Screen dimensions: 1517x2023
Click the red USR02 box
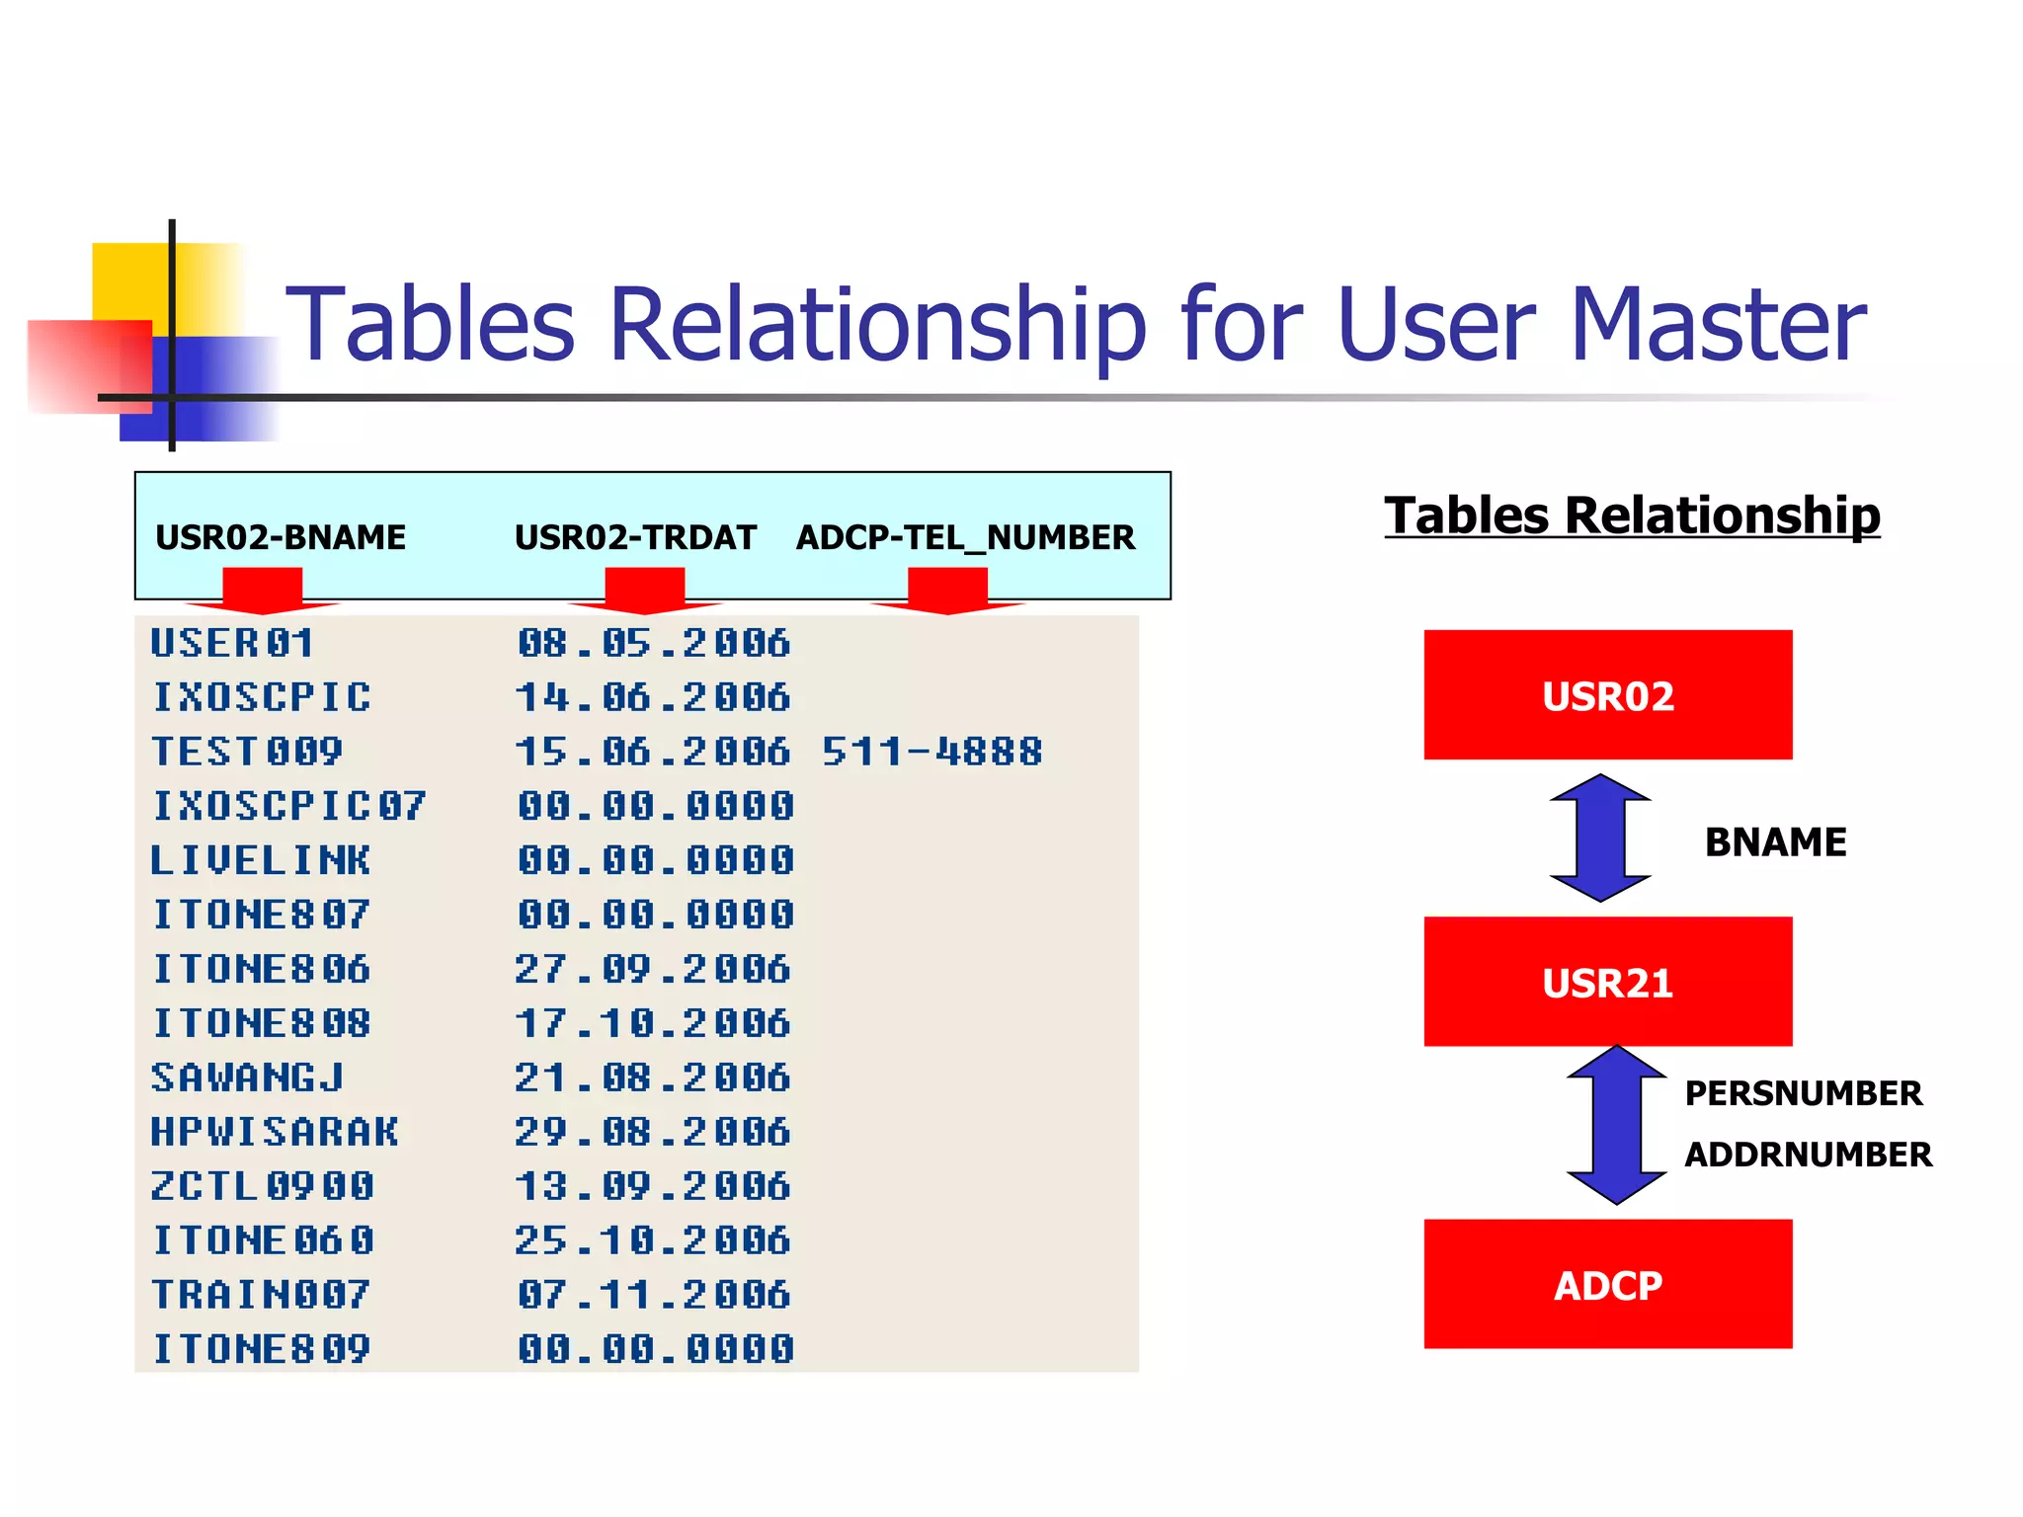pyautogui.click(x=1607, y=694)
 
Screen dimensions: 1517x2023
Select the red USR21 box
pyautogui.click(x=1607, y=981)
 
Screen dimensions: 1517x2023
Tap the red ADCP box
pyautogui.click(x=1607, y=1283)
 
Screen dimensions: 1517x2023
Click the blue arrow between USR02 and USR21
pyautogui.click(x=1600, y=838)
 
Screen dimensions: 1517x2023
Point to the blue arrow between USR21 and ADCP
pyautogui.click(x=1616, y=1125)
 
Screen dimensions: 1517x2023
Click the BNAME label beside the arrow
pyautogui.click(x=1775, y=842)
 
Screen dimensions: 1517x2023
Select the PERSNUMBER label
pyautogui.click(x=1803, y=1093)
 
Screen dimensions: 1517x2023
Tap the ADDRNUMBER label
pyautogui.click(x=1808, y=1155)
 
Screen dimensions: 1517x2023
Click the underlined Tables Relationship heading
pyautogui.click(x=1632, y=516)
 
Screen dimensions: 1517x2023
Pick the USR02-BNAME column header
pyautogui.click(x=281, y=537)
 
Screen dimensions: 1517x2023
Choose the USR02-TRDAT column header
pyautogui.click(x=635, y=537)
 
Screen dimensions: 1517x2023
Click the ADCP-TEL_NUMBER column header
pyautogui.click(x=965, y=537)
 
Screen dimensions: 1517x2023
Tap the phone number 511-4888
pyautogui.click(x=931, y=752)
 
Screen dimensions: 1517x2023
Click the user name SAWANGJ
pyautogui.click(x=247, y=1077)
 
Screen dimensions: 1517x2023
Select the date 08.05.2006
pyautogui.click(x=654, y=643)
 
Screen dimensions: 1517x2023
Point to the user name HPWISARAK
pyautogui.click(x=275, y=1131)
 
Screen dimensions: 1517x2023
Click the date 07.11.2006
pyautogui.click(x=654, y=1294)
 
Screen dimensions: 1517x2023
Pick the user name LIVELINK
pyautogui.click(x=261, y=860)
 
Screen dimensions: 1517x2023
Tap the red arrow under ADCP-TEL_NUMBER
pyautogui.click(x=947, y=591)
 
